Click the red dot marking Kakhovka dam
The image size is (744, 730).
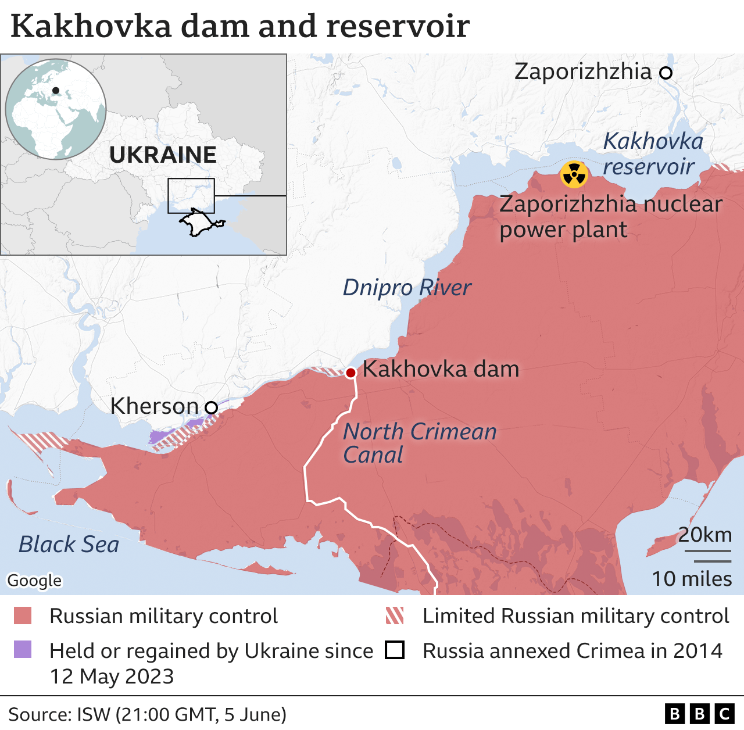pyautogui.click(x=350, y=373)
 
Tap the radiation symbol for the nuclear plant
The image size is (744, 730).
pyautogui.click(x=574, y=174)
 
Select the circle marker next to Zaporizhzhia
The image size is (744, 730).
pyautogui.click(x=666, y=73)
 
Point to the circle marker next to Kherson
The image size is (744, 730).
pyautogui.click(x=211, y=407)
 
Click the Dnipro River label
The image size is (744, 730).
pyautogui.click(x=406, y=288)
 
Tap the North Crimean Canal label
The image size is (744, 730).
pyautogui.click(x=419, y=443)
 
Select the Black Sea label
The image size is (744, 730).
pyautogui.click(x=69, y=545)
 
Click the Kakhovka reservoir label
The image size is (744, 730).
pyautogui.click(x=652, y=154)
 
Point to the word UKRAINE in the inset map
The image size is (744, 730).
pyautogui.click(x=163, y=155)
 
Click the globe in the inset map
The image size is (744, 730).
pyautogui.click(x=56, y=109)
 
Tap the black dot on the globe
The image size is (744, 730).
pyautogui.click(x=56, y=91)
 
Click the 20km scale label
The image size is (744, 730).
pyautogui.click(x=704, y=535)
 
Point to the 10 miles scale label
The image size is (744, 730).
pyautogui.click(x=692, y=579)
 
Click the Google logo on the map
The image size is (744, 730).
pyautogui.click(x=34, y=580)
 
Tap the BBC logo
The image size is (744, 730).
pyautogui.click(x=700, y=714)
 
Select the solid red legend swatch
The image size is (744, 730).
pyautogui.click(x=23, y=616)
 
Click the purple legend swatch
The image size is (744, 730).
pyautogui.click(x=23, y=650)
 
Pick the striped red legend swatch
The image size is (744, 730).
pyautogui.click(x=395, y=616)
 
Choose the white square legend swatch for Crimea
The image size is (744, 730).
pyautogui.click(x=395, y=650)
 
